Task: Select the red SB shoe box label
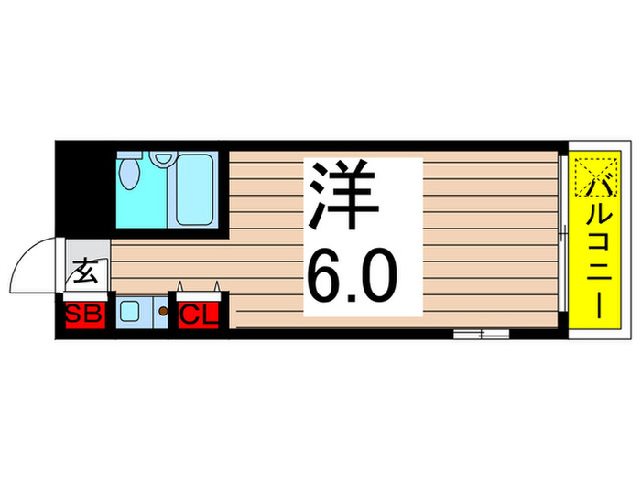point(84,316)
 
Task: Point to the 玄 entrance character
point(85,272)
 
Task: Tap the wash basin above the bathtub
point(165,157)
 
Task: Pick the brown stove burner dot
point(163,312)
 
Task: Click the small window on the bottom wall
point(481,333)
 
